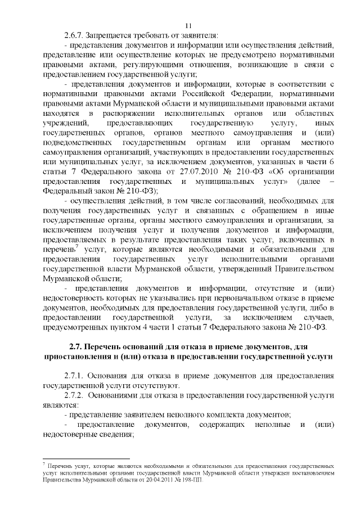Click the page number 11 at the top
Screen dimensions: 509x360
188,25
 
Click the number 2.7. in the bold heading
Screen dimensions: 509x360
75,348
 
